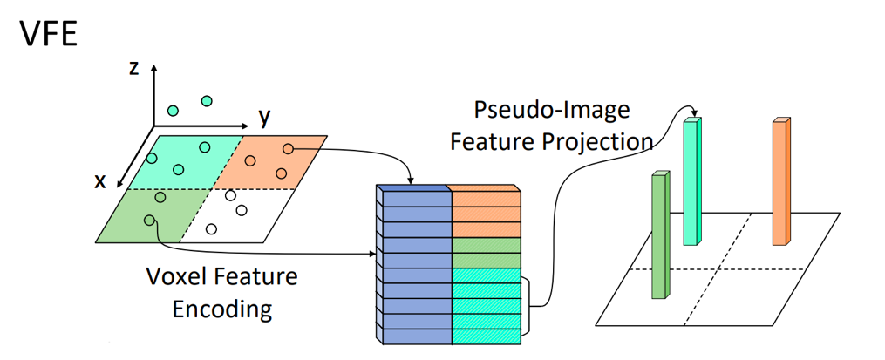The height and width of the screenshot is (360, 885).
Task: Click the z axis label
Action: click(x=134, y=67)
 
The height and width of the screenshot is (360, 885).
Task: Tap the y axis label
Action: click(x=263, y=117)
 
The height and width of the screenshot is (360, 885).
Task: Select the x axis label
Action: click(x=101, y=180)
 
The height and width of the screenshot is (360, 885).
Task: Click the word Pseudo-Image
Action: click(x=551, y=111)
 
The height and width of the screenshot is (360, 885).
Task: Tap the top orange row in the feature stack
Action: click(x=487, y=198)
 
